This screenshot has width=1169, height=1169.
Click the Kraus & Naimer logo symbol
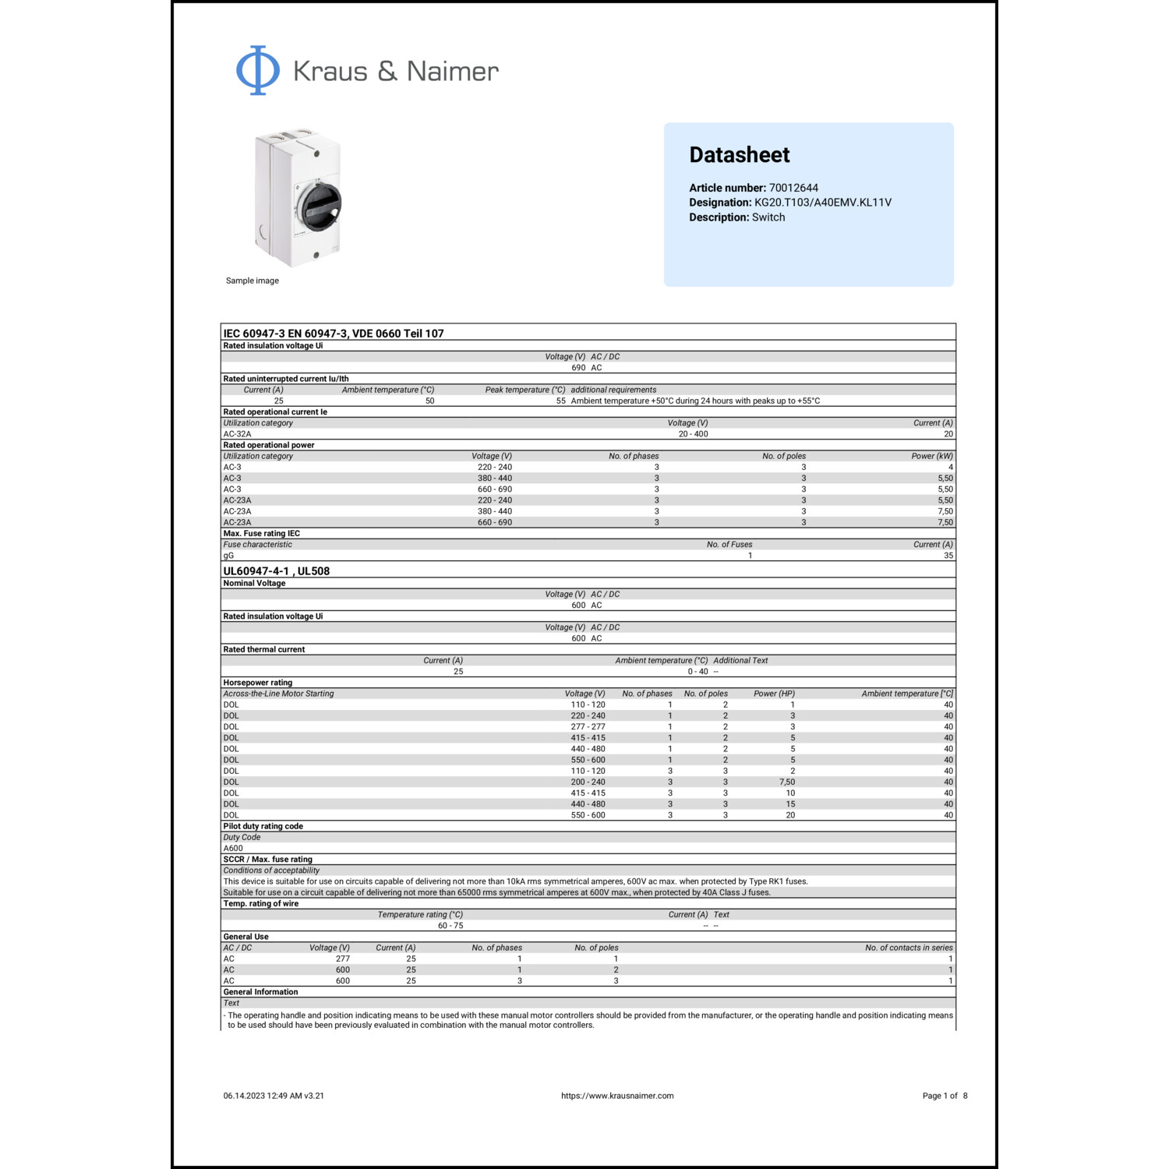pyautogui.click(x=258, y=70)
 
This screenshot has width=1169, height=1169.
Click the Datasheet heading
pyautogui.click(x=739, y=155)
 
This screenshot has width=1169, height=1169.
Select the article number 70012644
pyautogui.click(x=793, y=188)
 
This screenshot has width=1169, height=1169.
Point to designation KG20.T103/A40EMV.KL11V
pyautogui.click(x=822, y=203)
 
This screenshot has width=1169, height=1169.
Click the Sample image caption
pyautogui.click(x=252, y=281)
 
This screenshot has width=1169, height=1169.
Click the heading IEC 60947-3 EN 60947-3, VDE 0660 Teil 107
pyautogui.click(x=334, y=334)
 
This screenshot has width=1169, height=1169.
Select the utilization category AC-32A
pyautogui.click(x=237, y=434)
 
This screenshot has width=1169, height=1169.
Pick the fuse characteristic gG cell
pyautogui.click(x=228, y=556)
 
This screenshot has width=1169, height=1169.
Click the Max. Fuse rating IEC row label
pyautogui.click(x=261, y=534)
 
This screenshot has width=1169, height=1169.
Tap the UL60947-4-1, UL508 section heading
pyautogui.click(x=276, y=571)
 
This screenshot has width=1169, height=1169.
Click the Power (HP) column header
pyautogui.click(x=774, y=694)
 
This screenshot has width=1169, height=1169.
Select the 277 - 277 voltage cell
pyautogui.click(x=588, y=727)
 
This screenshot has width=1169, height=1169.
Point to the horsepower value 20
pyautogui.click(x=790, y=815)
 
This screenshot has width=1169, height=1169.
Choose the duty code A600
pyautogui.click(x=233, y=849)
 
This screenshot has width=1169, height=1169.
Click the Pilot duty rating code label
pyautogui.click(x=263, y=826)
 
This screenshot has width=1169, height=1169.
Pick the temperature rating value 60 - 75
pyautogui.click(x=450, y=926)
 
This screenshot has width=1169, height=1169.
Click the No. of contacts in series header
pyautogui.click(x=909, y=948)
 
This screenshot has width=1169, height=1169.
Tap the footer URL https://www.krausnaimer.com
pyautogui.click(x=617, y=1096)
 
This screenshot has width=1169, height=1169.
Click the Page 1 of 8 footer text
pyautogui.click(x=945, y=1096)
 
